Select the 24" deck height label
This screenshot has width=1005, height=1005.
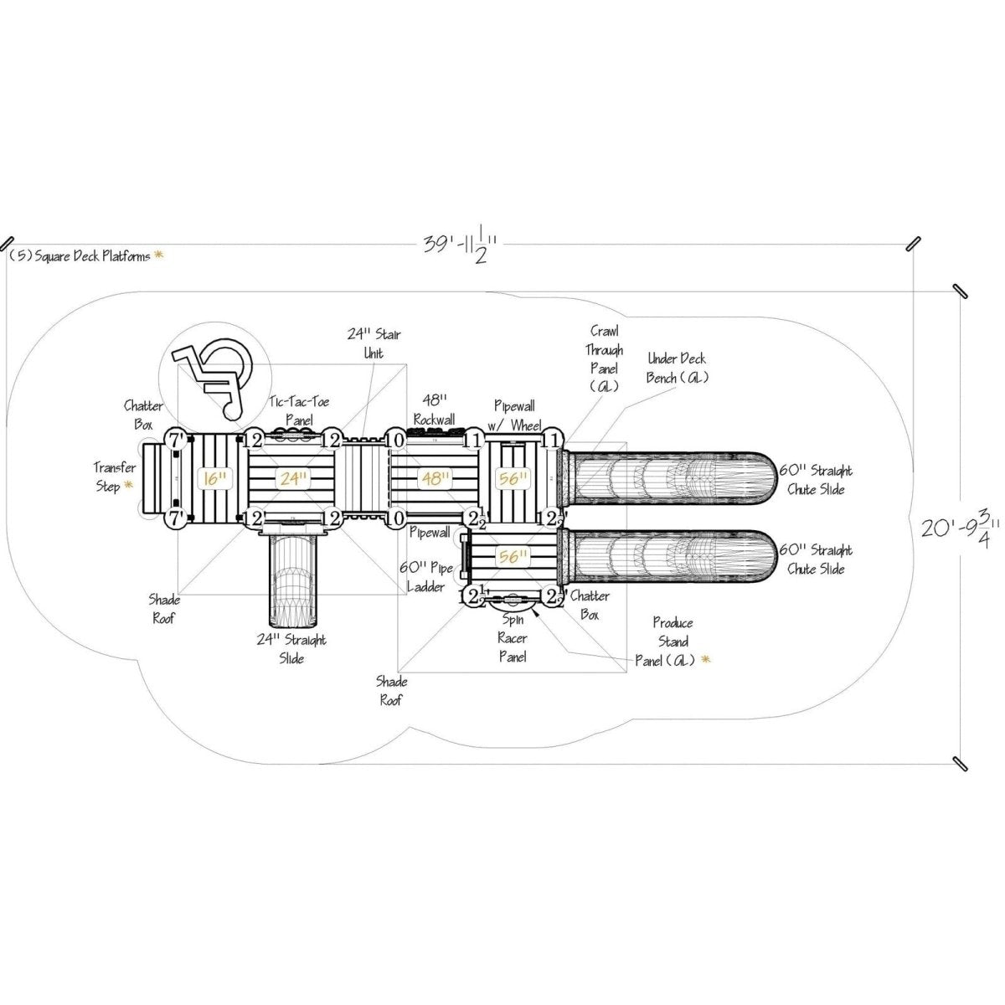click(x=291, y=479)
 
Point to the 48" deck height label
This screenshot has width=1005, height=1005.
click(x=434, y=479)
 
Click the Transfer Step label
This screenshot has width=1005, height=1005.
click(x=114, y=477)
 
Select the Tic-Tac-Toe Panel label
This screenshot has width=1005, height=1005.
click(x=299, y=410)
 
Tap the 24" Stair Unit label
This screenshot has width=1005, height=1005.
click(x=374, y=343)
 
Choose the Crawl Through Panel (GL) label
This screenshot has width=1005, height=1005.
click(x=603, y=358)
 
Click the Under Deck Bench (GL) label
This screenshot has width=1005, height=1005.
click(x=677, y=368)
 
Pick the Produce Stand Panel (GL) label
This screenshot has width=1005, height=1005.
click(x=674, y=642)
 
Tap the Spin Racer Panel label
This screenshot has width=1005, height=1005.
click(x=513, y=639)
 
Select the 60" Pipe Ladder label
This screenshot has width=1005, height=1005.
click(x=426, y=578)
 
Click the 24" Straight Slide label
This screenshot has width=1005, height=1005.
click(x=291, y=649)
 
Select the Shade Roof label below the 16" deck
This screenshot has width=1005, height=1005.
click(x=164, y=609)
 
